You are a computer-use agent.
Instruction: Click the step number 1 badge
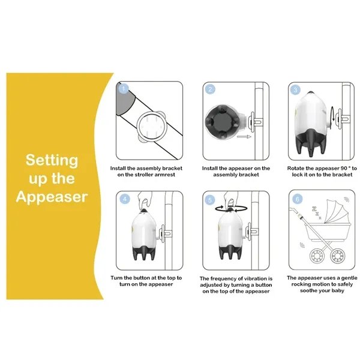(x=124, y=89)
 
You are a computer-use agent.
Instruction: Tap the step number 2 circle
(x=210, y=89)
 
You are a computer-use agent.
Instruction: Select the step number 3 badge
(x=296, y=90)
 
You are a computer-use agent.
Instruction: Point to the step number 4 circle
(x=125, y=199)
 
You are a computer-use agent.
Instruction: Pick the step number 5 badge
(x=210, y=200)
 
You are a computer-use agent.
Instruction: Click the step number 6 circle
(x=298, y=199)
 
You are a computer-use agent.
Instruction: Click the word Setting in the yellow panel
(x=52, y=161)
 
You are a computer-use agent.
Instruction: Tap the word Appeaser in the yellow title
(x=52, y=197)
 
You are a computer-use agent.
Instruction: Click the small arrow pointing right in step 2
(x=244, y=137)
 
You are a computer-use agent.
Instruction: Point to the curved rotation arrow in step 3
(x=332, y=114)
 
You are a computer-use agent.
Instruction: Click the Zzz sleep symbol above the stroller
(x=316, y=213)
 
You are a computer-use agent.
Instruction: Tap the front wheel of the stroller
(x=317, y=256)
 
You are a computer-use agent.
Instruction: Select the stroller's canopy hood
(x=337, y=212)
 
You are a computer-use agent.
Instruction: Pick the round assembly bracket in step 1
(x=151, y=127)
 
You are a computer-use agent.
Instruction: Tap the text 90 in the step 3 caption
(x=344, y=168)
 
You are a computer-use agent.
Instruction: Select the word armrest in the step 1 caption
(x=164, y=175)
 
